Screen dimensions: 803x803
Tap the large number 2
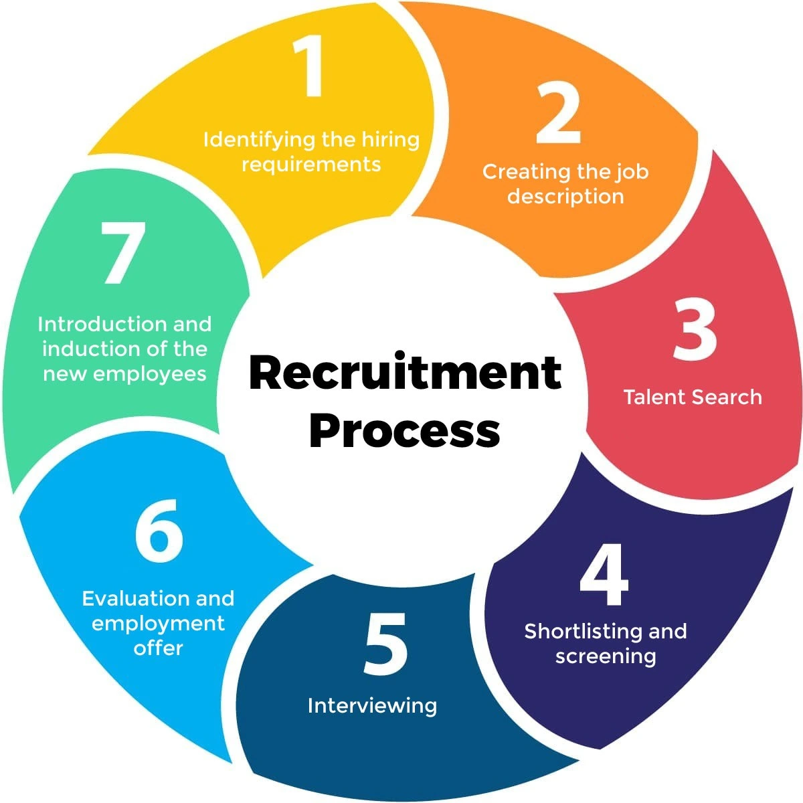pos(558,116)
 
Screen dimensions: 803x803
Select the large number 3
pos(694,329)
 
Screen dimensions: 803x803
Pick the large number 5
pos(385,644)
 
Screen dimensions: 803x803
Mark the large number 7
pos(123,254)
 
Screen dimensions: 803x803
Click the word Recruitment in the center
pos(404,372)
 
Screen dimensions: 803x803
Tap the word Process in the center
pos(404,430)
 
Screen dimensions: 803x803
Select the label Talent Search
pos(693,397)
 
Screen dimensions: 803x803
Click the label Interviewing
pos(372,705)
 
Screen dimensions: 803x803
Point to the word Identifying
pos(258,141)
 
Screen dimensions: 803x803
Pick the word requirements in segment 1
pos(311,165)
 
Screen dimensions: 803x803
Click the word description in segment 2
pos(565,197)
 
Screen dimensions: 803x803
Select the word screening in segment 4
pos(606,656)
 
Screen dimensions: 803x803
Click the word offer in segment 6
pos(158,648)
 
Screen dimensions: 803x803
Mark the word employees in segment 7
pos(149,373)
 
